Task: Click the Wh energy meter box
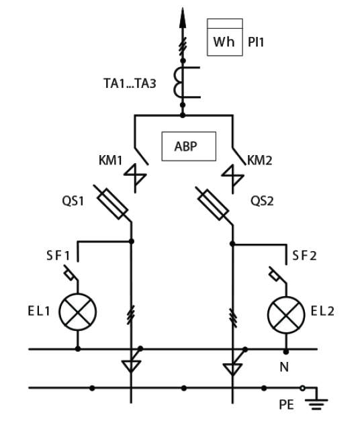point(225,38)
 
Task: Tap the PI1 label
point(256,42)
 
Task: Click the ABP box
point(189,146)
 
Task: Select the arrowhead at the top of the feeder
point(183,17)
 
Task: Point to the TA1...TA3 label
point(130,83)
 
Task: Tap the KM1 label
point(110,160)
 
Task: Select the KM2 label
point(260,160)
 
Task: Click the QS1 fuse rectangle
point(112,203)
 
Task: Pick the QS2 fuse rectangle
point(214,205)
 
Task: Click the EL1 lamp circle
point(78,312)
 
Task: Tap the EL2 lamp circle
point(286,315)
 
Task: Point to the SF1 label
point(58,256)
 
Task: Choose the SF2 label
point(304,256)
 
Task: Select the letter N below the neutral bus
point(284,367)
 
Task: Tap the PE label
point(287,405)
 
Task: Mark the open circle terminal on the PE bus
point(302,388)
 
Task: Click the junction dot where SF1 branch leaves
point(132,241)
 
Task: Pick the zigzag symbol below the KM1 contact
point(135,178)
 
